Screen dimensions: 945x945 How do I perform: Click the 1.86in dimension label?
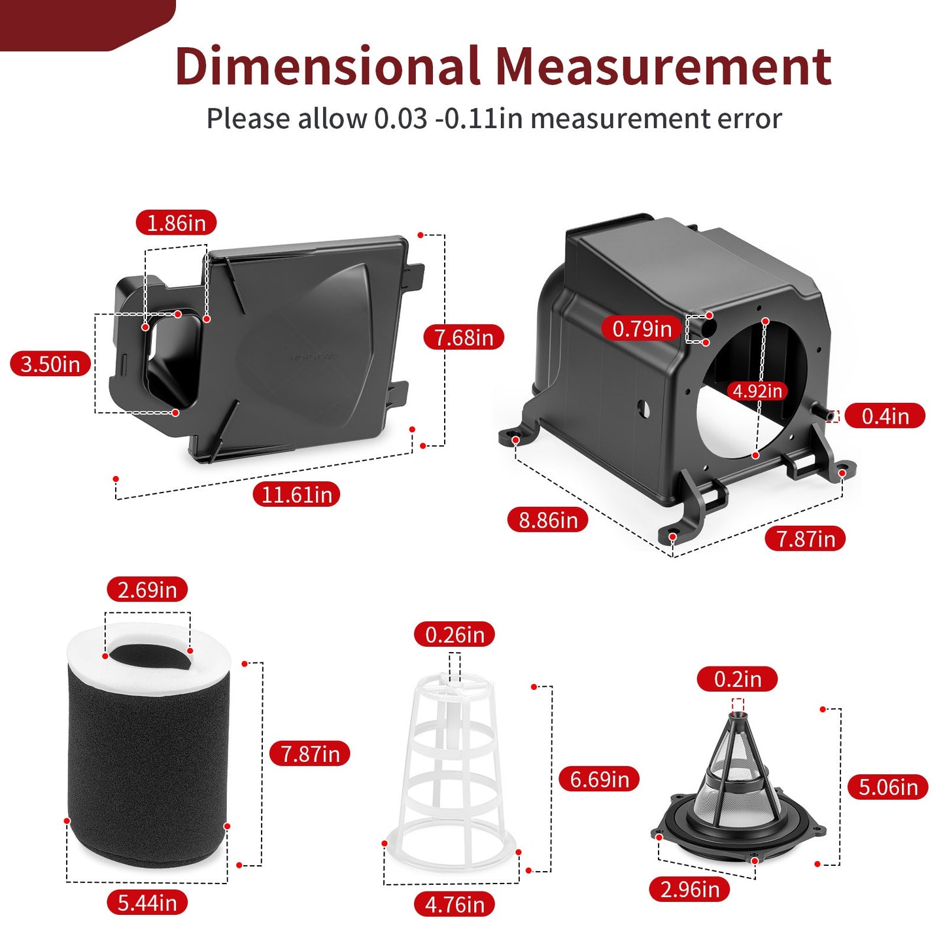click(x=176, y=223)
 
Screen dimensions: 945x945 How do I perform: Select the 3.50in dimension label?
click(x=50, y=364)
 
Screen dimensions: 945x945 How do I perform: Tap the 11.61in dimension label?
click(x=297, y=494)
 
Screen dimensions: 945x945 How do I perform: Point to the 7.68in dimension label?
click(x=464, y=337)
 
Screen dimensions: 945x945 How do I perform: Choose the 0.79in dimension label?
click(x=642, y=328)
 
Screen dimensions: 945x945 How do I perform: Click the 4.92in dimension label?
click(x=757, y=391)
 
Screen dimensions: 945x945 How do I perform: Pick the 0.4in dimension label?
click(x=885, y=416)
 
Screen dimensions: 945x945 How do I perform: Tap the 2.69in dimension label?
click(x=147, y=589)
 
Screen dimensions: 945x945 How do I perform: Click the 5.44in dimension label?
click(x=147, y=903)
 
